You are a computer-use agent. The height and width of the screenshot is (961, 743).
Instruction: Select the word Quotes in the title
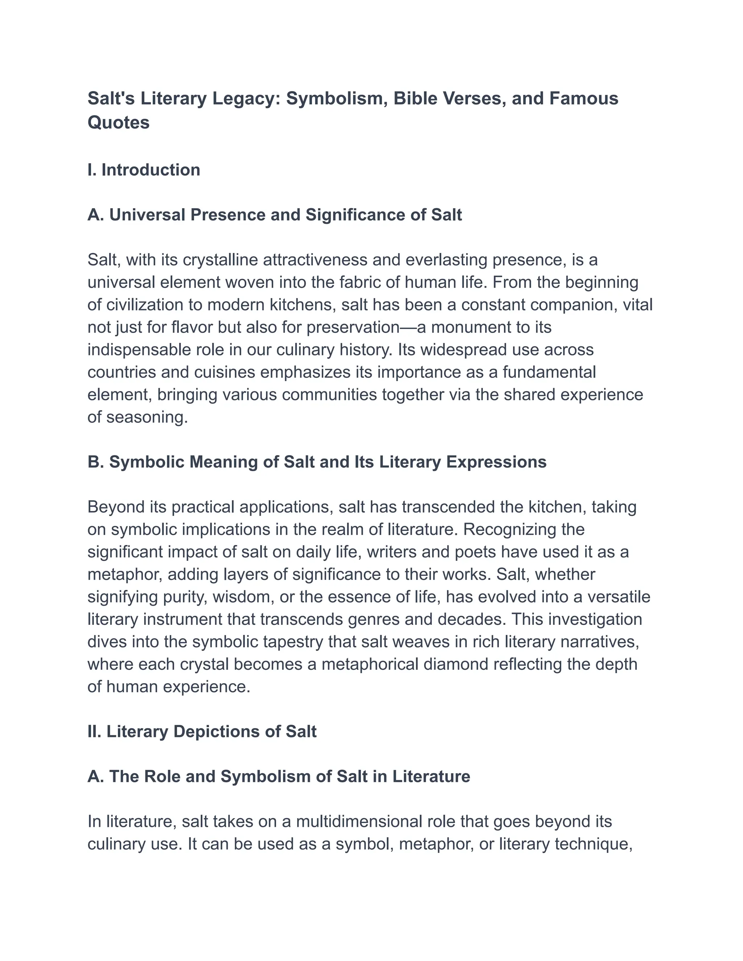coord(118,122)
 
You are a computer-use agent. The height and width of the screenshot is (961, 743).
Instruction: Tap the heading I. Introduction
coord(144,170)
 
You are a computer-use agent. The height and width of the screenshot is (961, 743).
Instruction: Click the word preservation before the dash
coord(353,327)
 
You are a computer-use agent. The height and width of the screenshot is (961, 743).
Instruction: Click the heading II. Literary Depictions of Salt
coord(202,731)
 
